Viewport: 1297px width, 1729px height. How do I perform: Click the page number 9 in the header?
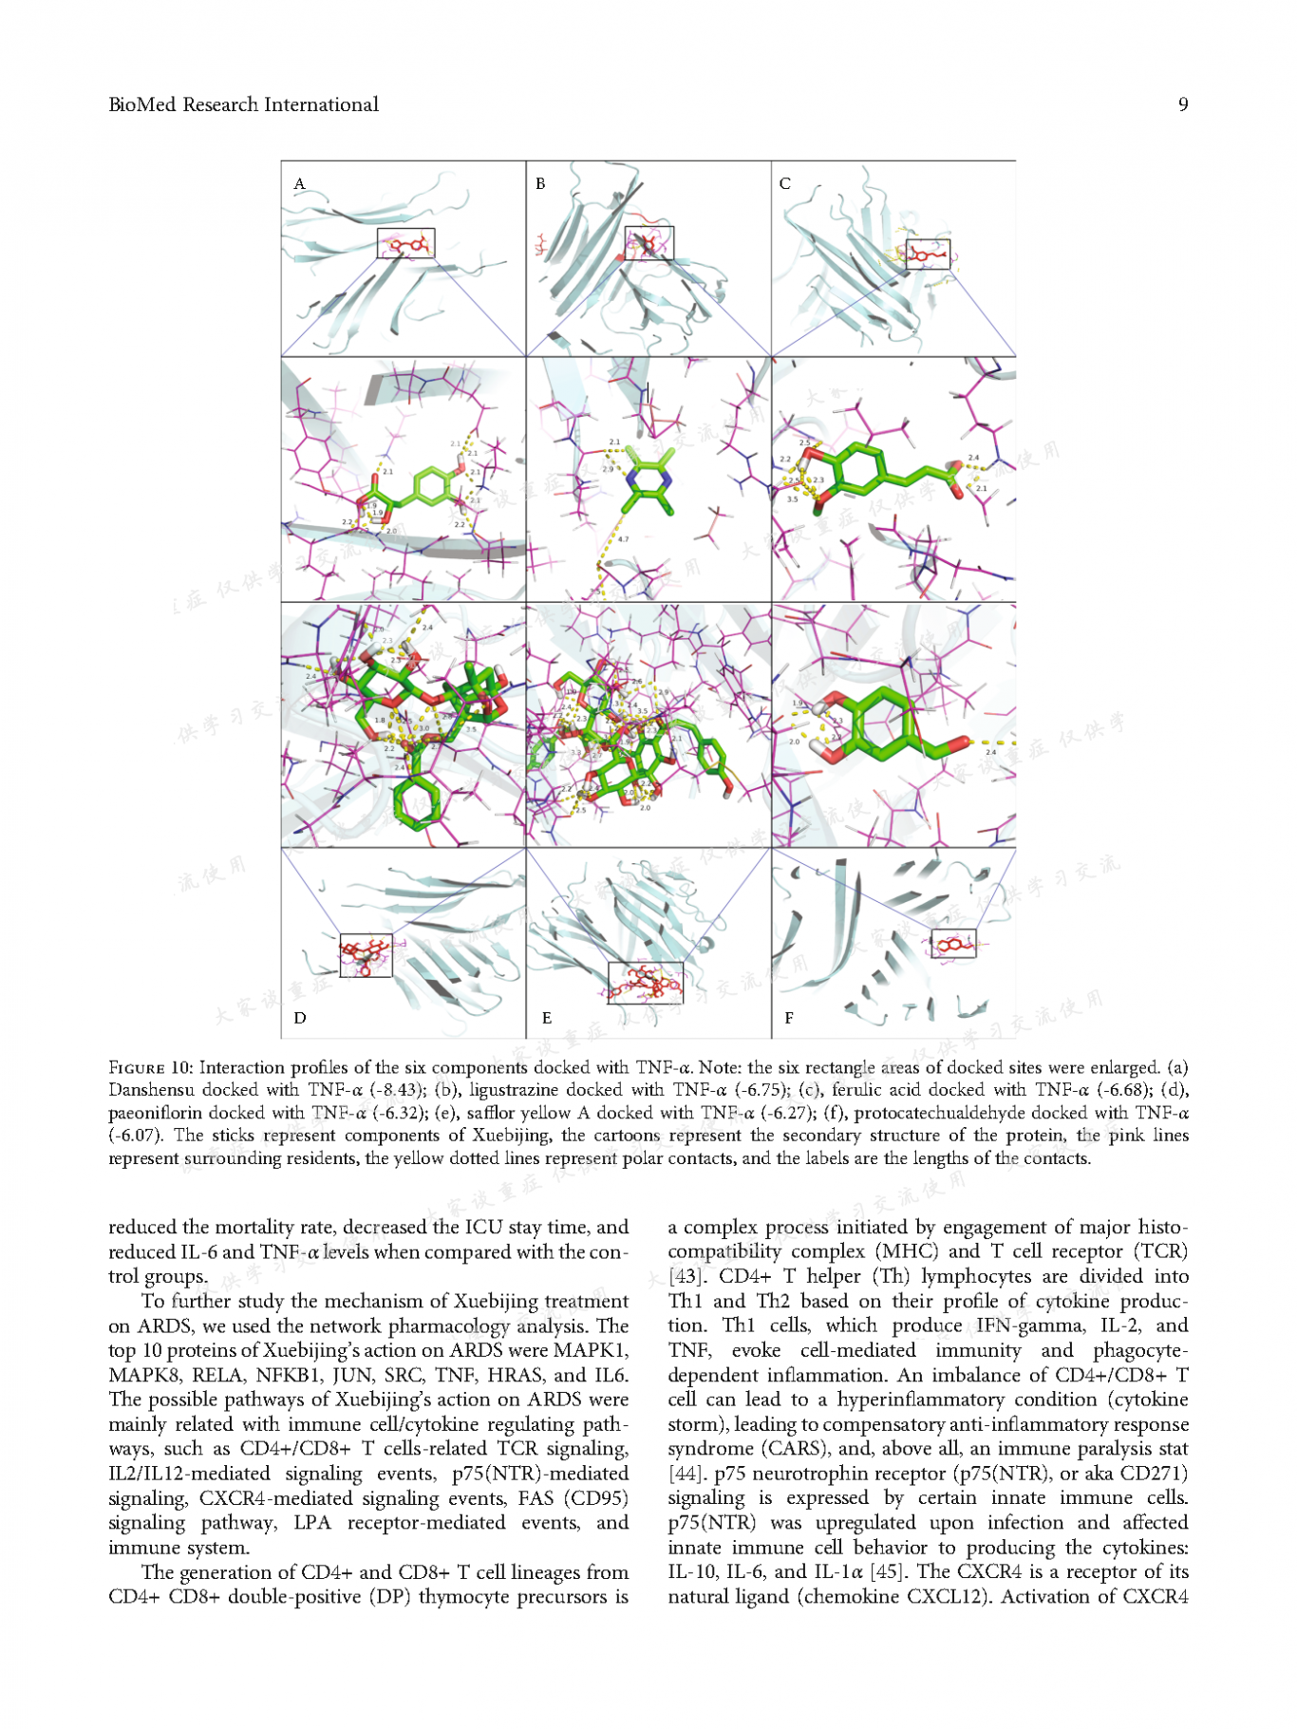pyautogui.click(x=1182, y=104)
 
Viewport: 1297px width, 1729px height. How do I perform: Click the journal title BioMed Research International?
pyautogui.click(x=243, y=104)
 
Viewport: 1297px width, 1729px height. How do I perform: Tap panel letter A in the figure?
pyautogui.click(x=299, y=184)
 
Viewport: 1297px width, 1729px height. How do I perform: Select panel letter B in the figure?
pyautogui.click(x=540, y=184)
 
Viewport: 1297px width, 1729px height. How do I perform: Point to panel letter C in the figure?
pyautogui.click(x=784, y=184)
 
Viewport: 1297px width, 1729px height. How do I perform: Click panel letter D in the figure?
pyautogui.click(x=300, y=1018)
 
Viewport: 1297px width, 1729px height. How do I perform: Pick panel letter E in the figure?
pyautogui.click(x=546, y=1018)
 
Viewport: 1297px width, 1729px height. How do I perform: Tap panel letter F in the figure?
pyautogui.click(x=789, y=1018)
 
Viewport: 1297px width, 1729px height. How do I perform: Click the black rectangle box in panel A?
pyautogui.click(x=405, y=243)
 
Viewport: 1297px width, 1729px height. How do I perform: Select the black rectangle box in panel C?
pyautogui.click(x=927, y=254)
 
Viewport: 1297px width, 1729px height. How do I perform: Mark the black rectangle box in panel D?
pyautogui.click(x=366, y=955)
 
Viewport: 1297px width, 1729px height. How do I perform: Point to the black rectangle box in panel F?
pyautogui.click(x=952, y=944)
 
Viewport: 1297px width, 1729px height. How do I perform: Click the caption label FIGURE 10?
pyautogui.click(x=150, y=1067)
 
